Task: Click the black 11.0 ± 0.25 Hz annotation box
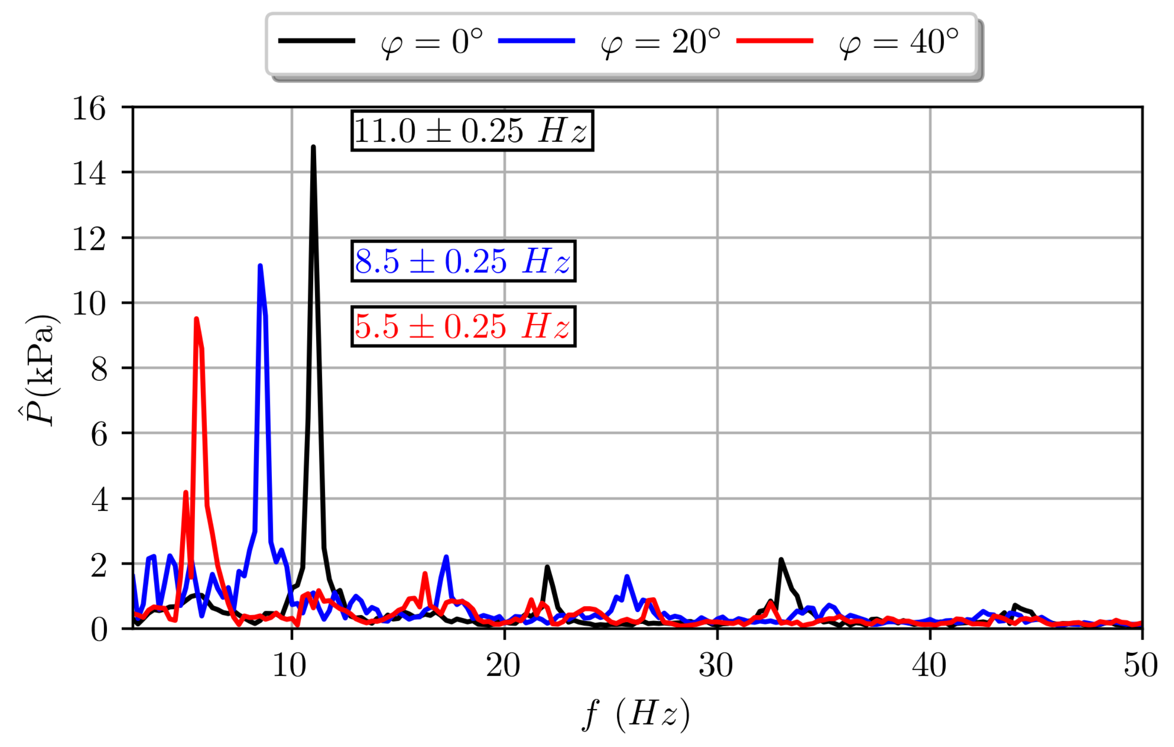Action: [472, 131]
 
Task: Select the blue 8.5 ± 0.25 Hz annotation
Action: [463, 261]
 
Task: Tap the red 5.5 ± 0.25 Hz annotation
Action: [463, 326]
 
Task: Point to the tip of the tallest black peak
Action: [313, 147]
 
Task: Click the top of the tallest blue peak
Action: [260, 266]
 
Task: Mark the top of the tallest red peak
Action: [196, 319]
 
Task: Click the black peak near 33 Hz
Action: [781, 560]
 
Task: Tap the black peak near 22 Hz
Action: [547, 567]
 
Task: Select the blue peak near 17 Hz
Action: [446, 557]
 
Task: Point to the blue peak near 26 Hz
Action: [627, 577]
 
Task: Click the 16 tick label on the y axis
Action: [89, 108]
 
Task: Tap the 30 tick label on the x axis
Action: [716, 666]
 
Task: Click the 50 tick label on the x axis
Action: [1141, 666]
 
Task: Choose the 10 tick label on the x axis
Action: [290, 666]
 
